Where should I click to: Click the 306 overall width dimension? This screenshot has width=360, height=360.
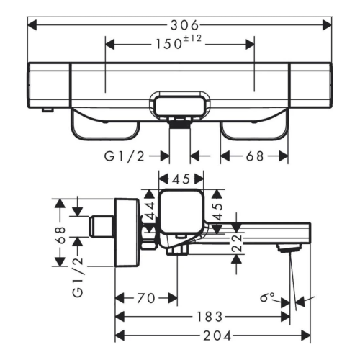tap(179, 24)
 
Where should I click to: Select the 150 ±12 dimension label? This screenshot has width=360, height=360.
tap(179, 44)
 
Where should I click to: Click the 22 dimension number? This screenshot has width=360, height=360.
tap(237, 244)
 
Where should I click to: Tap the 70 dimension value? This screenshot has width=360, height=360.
tap(146, 297)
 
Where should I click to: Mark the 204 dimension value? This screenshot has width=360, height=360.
tap(213, 336)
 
